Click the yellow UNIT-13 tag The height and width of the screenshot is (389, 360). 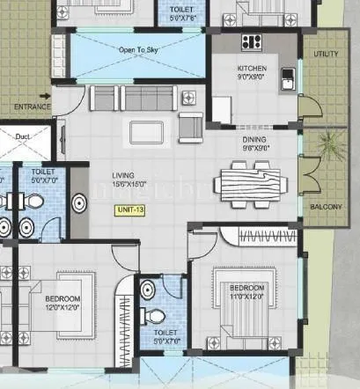[x=129, y=210]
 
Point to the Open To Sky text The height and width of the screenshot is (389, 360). [x=138, y=50]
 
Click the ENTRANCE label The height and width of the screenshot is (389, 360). [x=20, y=106]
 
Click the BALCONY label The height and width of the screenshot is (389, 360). [x=327, y=208]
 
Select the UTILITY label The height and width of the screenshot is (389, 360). [x=325, y=55]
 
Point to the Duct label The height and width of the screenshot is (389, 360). [x=24, y=136]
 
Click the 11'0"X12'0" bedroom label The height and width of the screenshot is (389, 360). [x=247, y=293]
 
